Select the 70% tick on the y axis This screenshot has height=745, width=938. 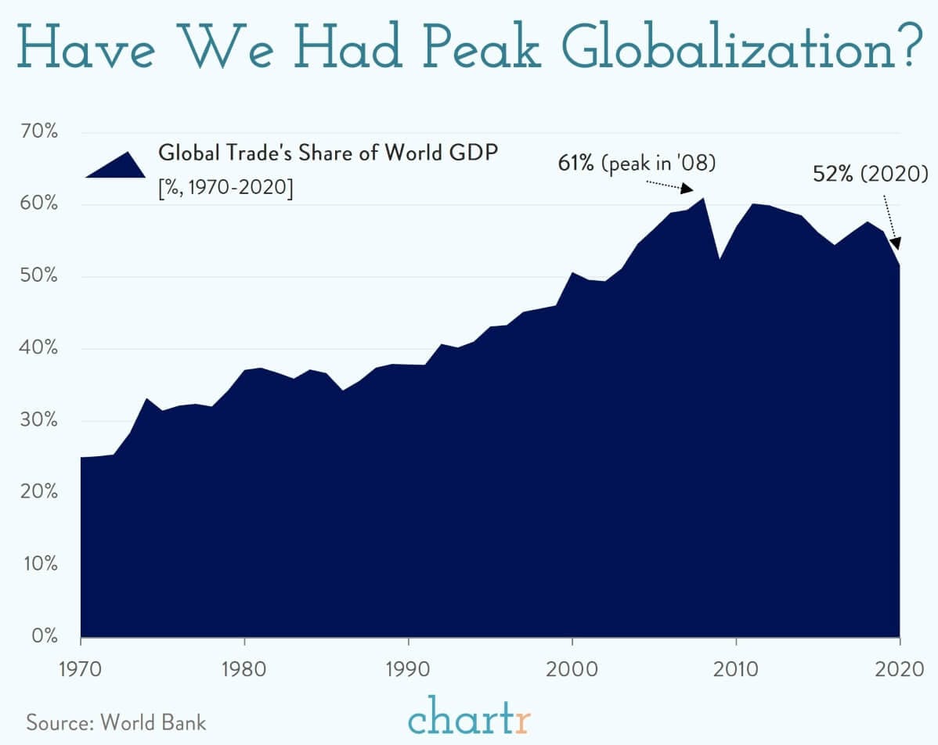point(39,131)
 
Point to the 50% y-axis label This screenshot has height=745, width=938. point(39,276)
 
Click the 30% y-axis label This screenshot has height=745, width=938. point(39,420)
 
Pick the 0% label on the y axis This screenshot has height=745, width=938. point(44,636)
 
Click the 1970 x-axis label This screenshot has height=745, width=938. point(81,671)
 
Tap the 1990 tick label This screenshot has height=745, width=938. point(408,671)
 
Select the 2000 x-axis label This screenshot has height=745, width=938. point(572,671)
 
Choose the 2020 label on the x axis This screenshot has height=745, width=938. point(900,671)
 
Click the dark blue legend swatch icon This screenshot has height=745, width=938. point(115,164)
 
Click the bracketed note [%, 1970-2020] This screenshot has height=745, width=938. point(225,189)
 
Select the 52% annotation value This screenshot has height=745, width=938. point(833,174)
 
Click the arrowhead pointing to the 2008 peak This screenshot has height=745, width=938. point(687,189)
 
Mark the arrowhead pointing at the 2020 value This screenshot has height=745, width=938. point(895,243)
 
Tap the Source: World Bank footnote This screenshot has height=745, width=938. point(117,722)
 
